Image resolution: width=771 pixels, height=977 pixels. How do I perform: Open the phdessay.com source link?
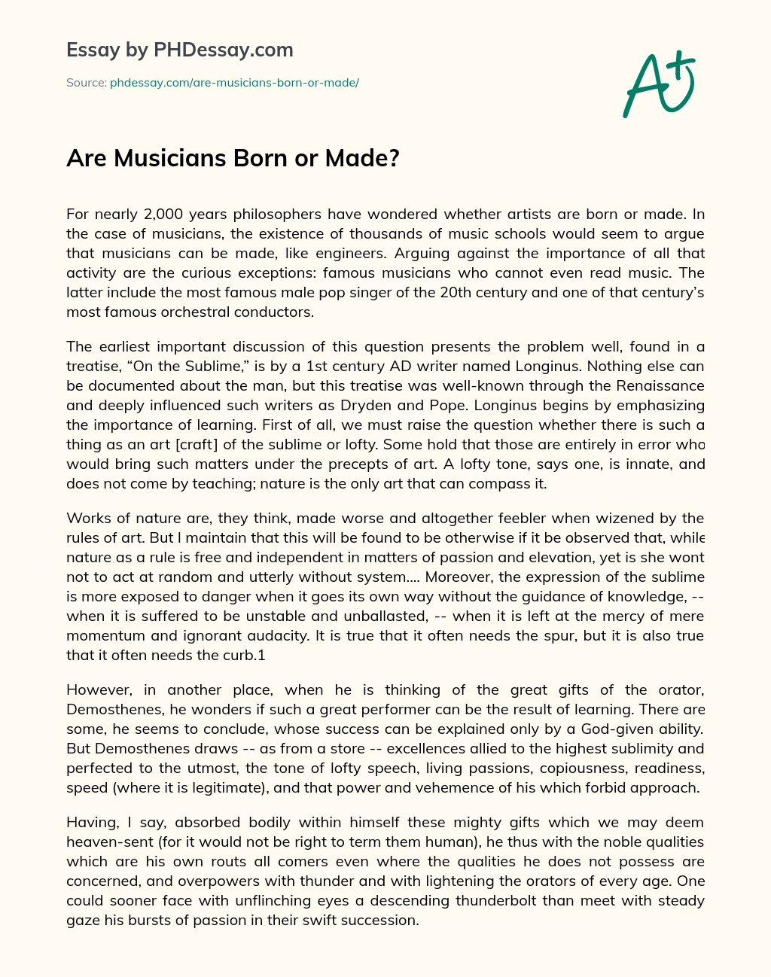(234, 83)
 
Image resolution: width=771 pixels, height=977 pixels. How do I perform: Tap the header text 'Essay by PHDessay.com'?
(179, 50)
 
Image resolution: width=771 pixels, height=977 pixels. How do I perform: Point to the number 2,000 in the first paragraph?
(164, 214)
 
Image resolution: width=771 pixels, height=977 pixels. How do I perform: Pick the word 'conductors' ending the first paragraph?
(280, 312)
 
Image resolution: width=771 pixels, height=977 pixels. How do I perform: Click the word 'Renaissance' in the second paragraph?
(663, 386)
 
